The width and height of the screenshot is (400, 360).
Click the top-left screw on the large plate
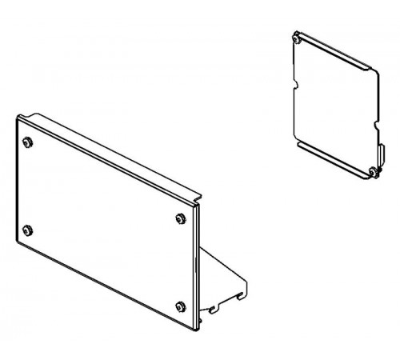point(29,142)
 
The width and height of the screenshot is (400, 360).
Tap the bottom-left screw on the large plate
point(28,231)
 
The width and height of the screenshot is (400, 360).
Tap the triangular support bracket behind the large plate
point(220,276)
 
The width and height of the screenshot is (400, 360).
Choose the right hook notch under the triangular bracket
point(240,297)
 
